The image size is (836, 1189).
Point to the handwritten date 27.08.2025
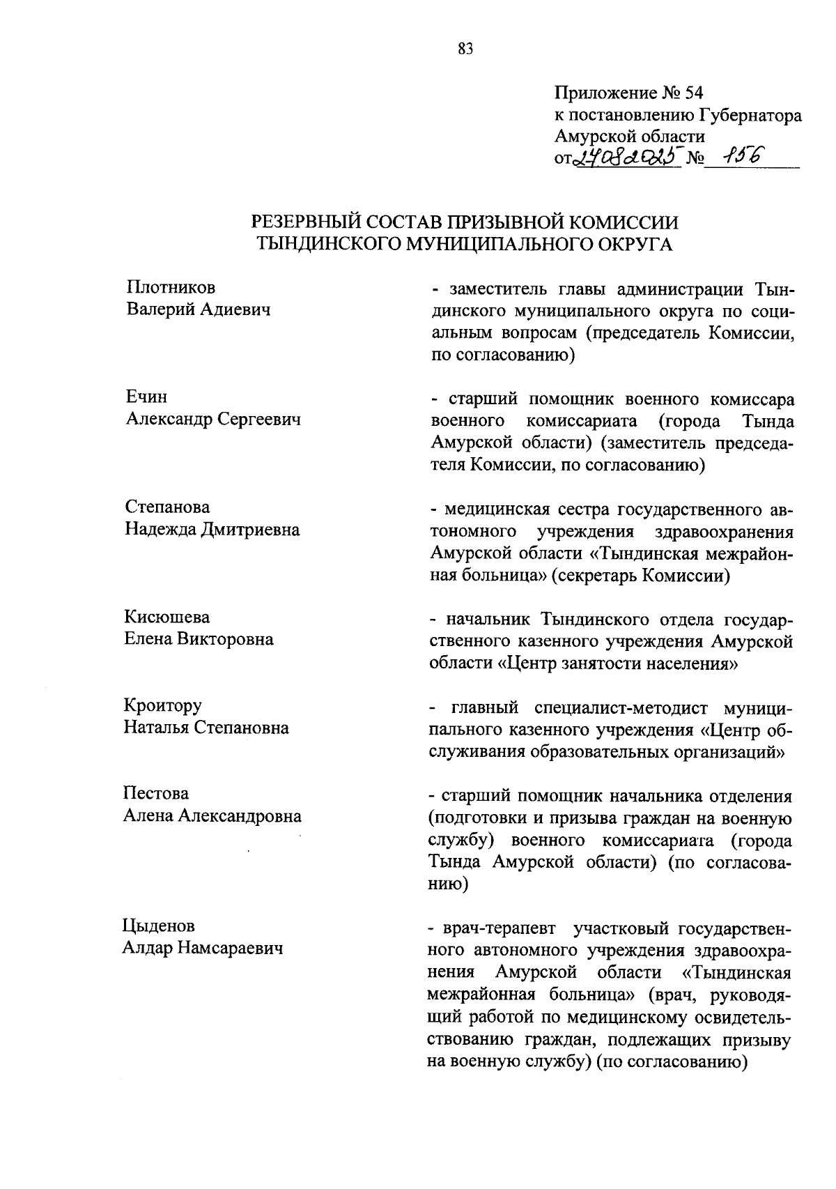(x=626, y=160)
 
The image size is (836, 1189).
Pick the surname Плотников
(x=171, y=287)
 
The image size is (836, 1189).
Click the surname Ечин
(x=146, y=397)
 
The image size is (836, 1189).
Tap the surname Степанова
(x=167, y=507)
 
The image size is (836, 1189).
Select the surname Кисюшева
(x=167, y=617)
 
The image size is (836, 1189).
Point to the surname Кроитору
(x=163, y=705)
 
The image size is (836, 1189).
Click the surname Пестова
(x=156, y=794)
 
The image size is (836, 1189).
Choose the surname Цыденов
(x=159, y=926)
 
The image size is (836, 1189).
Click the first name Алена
(x=148, y=816)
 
